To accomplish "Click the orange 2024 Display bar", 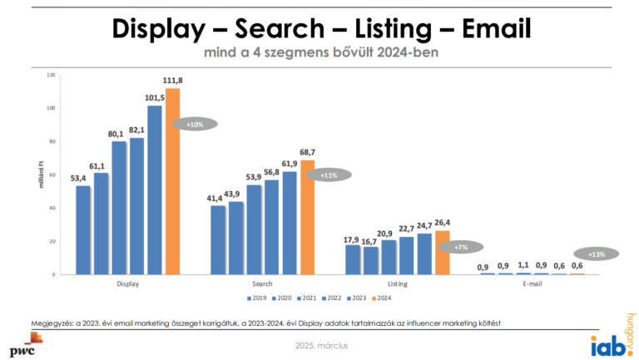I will [172, 181].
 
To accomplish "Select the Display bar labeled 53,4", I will [82, 229].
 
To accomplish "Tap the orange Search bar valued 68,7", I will [307, 217].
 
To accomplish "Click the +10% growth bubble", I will [195, 124].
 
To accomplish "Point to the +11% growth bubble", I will [329, 175].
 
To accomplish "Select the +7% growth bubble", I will [461, 247].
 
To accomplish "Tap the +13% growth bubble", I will [597, 254].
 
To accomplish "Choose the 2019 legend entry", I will [255, 297].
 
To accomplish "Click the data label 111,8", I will [173, 80].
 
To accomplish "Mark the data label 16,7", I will [369, 241].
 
